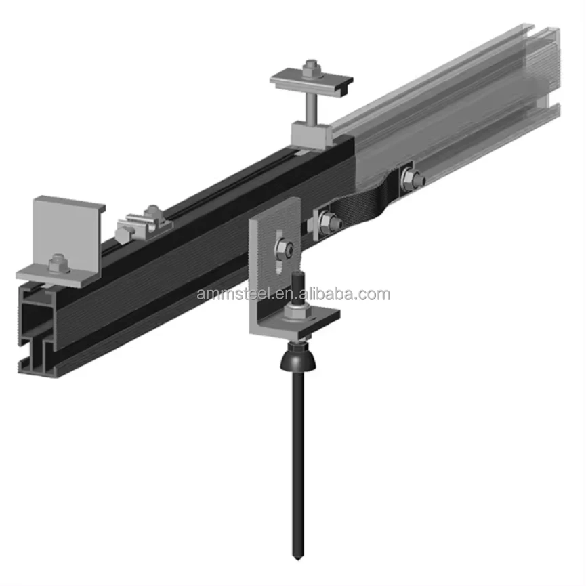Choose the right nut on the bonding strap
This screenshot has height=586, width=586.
point(411,179)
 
